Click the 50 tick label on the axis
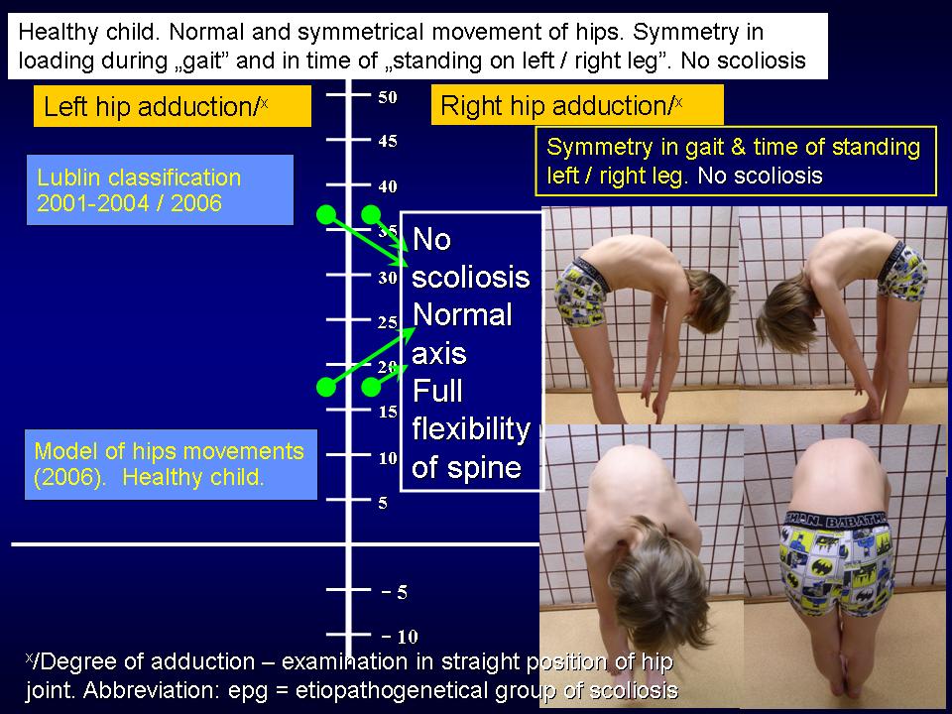coord(388,97)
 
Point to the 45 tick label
coord(388,142)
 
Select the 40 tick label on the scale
coord(388,186)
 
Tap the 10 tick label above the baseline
coord(388,458)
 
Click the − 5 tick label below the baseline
coord(394,593)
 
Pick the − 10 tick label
coord(400,637)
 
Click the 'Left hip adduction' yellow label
coord(173,106)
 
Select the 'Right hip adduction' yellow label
coord(577,105)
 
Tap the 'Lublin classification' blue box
coord(160,190)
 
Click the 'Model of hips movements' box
coord(171,464)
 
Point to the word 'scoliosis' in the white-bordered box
coord(470,278)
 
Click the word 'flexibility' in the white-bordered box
coord(471,429)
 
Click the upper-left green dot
coord(326,214)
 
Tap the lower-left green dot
coord(326,387)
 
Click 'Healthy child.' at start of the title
coord(88,32)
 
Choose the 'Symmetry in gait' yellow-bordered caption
coord(736,161)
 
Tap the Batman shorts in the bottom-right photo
coord(838,561)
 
